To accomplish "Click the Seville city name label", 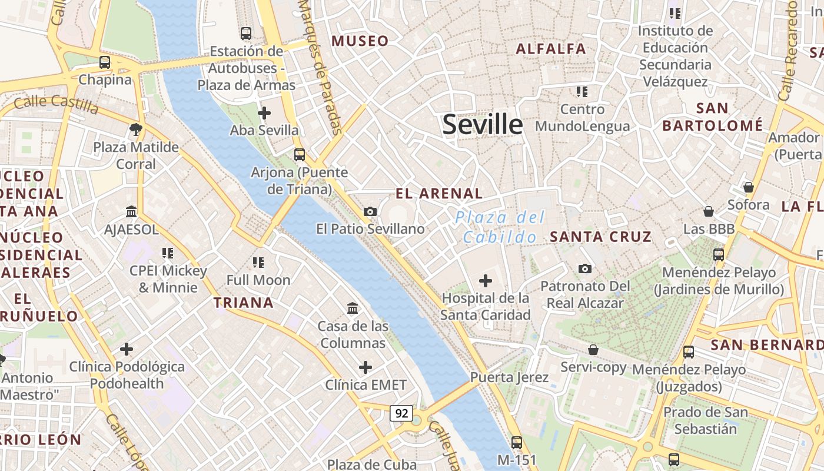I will click(x=482, y=125).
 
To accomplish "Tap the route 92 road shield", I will click(x=401, y=413).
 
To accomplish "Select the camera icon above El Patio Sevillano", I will click(x=370, y=211).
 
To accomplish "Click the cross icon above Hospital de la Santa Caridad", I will click(x=486, y=281).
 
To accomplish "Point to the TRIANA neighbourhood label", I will click(x=244, y=303).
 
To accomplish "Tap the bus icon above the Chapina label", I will click(x=105, y=62).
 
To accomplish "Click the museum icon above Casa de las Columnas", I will click(x=353, y=308).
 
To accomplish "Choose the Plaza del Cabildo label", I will click(x=500, y=227).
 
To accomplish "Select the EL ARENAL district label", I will click(x=439, y=193).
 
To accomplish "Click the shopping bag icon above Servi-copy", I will click(x=593, y=350).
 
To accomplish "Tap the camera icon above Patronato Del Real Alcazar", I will click(x=584, y=268).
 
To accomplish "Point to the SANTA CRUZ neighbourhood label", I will click(x=601, y=237).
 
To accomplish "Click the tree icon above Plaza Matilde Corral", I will click(x=136, y=129).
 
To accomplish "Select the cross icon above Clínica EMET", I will click(x=366, y=367).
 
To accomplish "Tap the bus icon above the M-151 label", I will click(x=517, y=442).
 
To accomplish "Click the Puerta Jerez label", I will click(x=510, y=377).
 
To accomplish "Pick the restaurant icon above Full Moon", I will click(x=258, y=263).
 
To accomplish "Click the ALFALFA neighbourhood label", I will click(x=551, y=49).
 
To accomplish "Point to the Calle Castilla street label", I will click(x=57, y=104).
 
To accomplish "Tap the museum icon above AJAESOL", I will click(x=131, y=211).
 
